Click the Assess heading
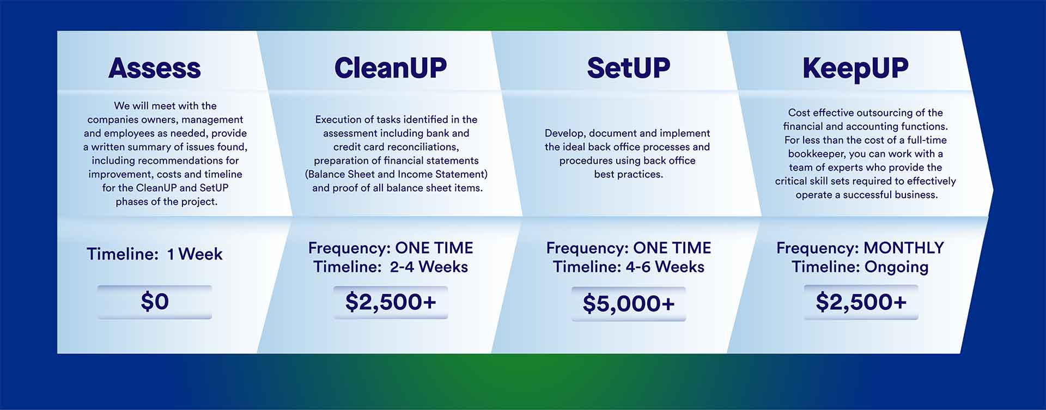coord(155,68)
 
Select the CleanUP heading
coord(391,68)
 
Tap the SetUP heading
coord(629,68)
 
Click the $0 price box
coord(155,302)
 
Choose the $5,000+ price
coord(629,304)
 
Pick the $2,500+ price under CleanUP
coord(391,302)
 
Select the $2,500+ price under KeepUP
coord(861,302)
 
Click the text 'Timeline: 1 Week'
coord(155,254)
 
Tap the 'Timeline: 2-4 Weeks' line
coord(391,267)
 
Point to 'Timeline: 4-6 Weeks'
coord(629,267)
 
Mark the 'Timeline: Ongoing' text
coord(860,267)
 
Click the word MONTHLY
coord(904,248)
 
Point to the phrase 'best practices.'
coord(629,175)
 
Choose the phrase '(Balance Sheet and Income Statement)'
coord(396,174)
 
